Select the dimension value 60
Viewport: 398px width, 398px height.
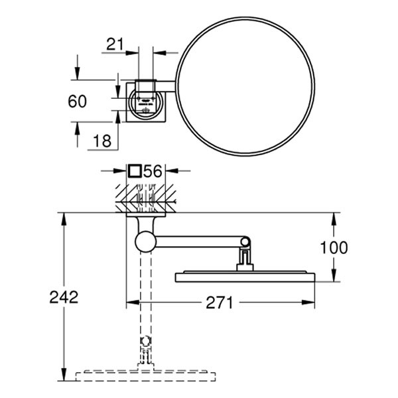coord(78,101)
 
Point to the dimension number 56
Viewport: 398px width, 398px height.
coord(153,171)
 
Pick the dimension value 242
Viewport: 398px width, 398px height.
coord(64,297)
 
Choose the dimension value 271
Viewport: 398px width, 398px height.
coord(219,303)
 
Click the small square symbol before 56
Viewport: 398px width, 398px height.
coord(135,171)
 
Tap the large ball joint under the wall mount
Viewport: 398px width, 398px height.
coord(145,241)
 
